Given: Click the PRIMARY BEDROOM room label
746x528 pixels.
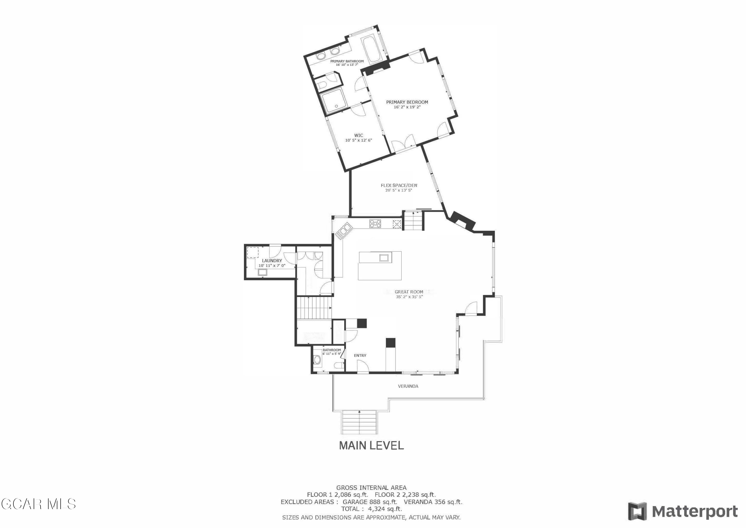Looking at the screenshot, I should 407,102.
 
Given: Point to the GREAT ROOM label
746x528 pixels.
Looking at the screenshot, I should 409,292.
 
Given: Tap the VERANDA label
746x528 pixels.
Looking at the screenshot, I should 408,386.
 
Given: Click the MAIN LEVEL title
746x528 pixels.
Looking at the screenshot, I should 371,445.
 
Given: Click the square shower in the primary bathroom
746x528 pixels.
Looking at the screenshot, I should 334,101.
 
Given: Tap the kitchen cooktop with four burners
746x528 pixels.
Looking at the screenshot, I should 375,224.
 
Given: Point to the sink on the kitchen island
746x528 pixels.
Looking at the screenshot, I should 384,258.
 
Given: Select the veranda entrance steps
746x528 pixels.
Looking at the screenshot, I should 359,422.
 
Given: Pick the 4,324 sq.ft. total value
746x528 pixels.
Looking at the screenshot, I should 385,509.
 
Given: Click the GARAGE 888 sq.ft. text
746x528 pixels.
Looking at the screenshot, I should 370,502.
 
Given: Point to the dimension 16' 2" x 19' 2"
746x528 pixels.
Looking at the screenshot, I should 407,107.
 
